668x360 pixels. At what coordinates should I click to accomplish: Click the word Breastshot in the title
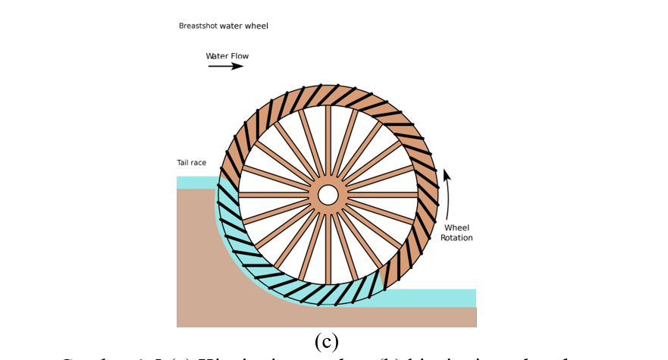(x=198, y=26)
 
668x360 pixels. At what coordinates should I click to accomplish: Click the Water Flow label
(x=227, y=56)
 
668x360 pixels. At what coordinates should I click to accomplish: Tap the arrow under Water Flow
(x=226, y=67)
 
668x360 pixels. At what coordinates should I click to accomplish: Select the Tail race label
(x=191, y=163)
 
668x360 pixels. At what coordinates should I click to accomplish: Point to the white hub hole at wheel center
(x=328, y=195)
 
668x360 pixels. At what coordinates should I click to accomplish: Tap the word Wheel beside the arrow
(x=456, y=227)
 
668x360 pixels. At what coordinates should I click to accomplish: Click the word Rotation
(x=456, y=238)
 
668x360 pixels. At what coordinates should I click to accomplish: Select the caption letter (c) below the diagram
(x=326, y=341)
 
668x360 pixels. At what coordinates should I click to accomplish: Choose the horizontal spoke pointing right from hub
(x=383, y=195)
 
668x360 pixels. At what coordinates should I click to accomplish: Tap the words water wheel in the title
(x=243, y=26)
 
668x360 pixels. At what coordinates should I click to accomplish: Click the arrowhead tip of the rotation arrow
(x=446, y=171)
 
